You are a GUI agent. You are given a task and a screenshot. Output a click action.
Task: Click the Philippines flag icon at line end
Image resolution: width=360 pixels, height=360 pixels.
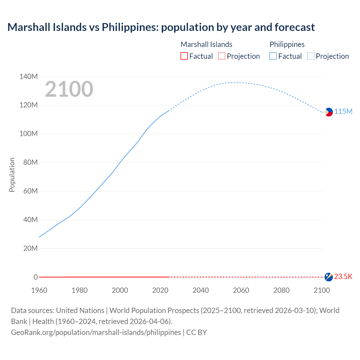(x=328, y=112)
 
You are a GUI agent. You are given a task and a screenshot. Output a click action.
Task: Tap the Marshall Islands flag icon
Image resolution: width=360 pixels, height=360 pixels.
(x=328, y=277)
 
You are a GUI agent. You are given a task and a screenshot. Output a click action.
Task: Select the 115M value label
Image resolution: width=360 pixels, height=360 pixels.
(x=343, y=112)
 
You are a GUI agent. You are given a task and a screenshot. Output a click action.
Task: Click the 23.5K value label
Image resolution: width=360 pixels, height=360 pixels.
(x=343, y=277)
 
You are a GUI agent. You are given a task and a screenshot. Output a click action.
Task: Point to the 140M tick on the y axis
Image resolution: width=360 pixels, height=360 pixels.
(x=28, y=76)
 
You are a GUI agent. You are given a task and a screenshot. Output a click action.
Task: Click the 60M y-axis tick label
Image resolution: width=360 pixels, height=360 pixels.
(x=30, y=191)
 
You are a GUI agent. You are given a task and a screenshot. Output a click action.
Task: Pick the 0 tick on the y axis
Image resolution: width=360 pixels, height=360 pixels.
(x=36, y=277)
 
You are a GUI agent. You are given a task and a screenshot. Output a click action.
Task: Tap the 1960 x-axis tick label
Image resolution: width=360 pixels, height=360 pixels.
(x=39, y=290)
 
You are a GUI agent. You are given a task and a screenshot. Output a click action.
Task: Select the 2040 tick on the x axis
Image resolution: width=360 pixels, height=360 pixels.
(x=201, y=290)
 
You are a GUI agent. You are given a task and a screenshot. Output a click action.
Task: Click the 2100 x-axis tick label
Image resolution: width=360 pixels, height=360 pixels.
(x=322, y=290)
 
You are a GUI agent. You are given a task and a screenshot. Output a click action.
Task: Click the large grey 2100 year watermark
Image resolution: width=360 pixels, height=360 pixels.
(x=69, y=89)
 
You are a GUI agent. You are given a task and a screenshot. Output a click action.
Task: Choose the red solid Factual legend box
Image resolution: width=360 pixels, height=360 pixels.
(x=184, y=56)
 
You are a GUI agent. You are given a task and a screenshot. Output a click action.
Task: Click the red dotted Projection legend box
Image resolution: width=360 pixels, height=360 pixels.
(x=222, y=56)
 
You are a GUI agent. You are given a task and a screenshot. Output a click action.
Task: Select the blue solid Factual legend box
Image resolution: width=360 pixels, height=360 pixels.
(x=273, y=56)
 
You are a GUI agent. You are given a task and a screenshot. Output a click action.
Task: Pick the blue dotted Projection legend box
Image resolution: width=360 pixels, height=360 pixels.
(x=311, y=56)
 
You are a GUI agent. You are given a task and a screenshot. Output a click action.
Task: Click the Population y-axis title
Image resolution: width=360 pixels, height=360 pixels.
(x=12, y=175)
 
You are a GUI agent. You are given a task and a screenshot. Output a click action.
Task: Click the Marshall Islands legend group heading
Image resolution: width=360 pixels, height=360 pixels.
(x=206, y=44)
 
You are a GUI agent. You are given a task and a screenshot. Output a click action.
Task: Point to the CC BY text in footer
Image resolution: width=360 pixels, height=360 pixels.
(x=197, y=332)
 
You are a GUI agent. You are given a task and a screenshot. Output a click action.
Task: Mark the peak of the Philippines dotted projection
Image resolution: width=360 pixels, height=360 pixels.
(x=236, y=82)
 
